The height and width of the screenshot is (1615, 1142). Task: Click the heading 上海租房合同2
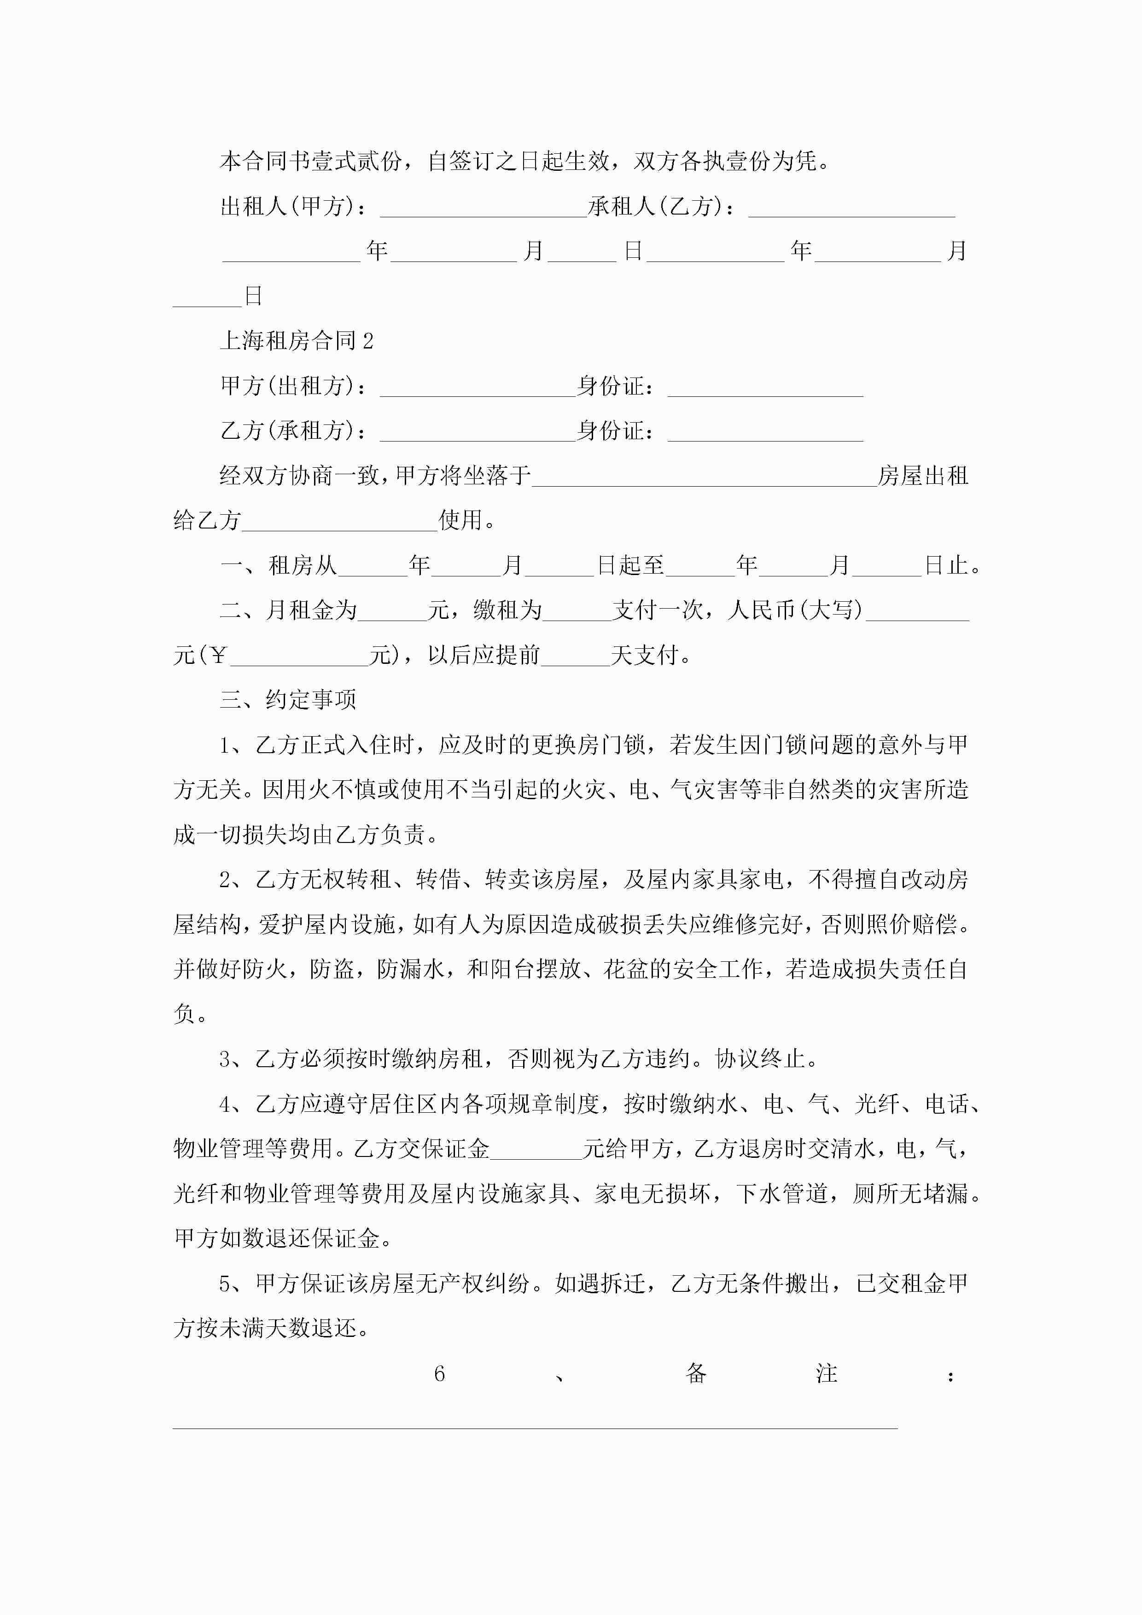296,341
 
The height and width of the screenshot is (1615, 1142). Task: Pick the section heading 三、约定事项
288,700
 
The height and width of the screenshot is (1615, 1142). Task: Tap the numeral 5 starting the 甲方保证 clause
225,1284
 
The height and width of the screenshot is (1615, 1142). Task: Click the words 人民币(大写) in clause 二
795,610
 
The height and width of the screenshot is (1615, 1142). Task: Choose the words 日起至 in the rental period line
630,565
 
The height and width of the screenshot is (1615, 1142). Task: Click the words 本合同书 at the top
265,162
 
